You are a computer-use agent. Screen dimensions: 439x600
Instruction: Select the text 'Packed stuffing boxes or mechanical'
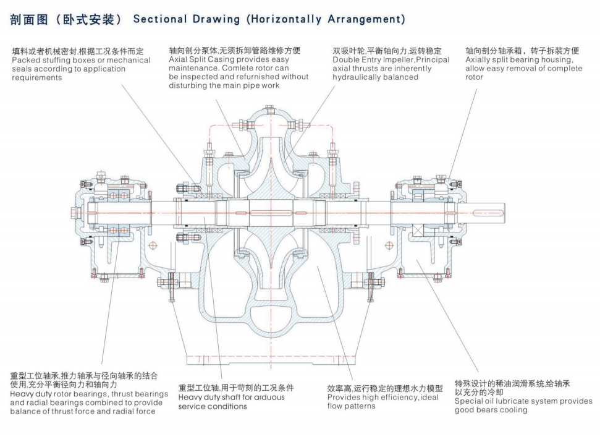coord(80,60)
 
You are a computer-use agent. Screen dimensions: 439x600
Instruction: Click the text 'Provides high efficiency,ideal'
coord(383,398)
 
